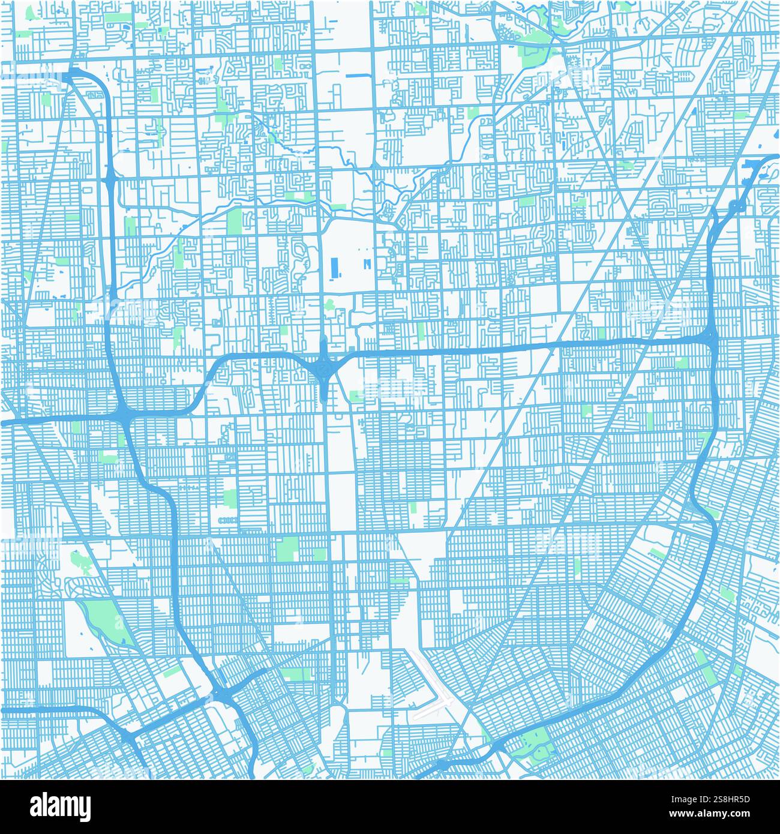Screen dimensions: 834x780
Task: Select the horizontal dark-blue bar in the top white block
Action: pyautogui.click(x=358, y=76)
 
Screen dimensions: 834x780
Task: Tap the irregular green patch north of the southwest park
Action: pyautogui.click(x=78, y=561)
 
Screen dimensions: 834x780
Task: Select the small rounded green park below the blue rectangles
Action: pyautogui.click(x=329, y=304)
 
